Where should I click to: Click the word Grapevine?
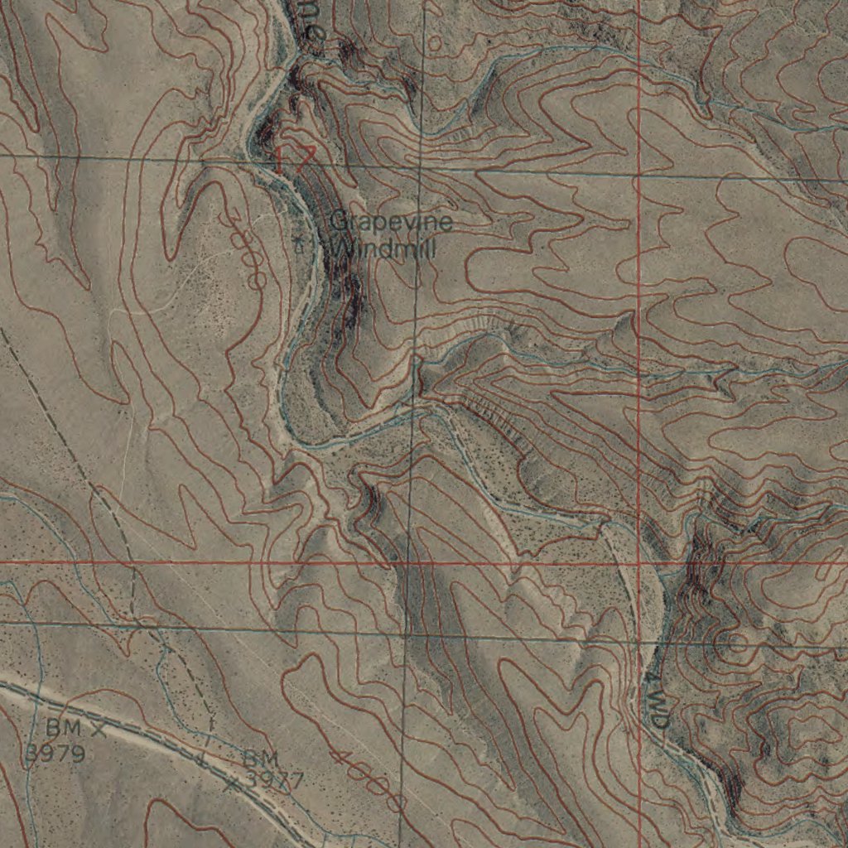coord(391,222)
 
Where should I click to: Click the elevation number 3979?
coord(55,754)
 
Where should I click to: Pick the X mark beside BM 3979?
coord(99,730)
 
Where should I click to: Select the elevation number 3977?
coord(275,780)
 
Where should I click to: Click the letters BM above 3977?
coord(261,758)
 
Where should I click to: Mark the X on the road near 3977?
coord(233,782)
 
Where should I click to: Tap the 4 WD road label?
coord(656,701)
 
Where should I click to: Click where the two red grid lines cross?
coord(639,562)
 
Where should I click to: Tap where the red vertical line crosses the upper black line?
coord(639,175)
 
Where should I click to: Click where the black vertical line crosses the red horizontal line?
coord(408,563)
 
